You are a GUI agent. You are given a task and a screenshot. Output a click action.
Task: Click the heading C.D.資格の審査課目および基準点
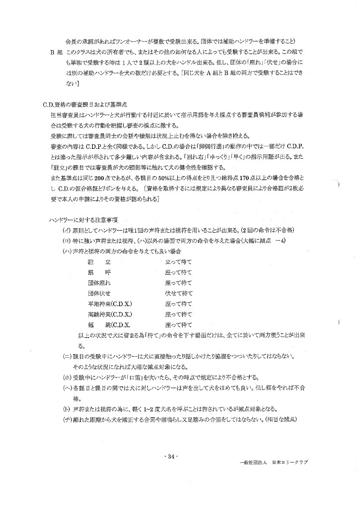pyautogui.click(x=85, y=105)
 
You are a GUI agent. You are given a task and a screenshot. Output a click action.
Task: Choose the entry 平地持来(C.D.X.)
pyautogui.click(x=110, y=304)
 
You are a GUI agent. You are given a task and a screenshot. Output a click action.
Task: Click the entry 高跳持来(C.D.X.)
pyautogui.click(x=110, y=314)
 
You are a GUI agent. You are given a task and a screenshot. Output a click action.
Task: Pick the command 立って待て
pyautogui.click(x=178, y=261)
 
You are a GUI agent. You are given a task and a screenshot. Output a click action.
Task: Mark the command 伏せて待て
pyautogui.click(x=178, y=293)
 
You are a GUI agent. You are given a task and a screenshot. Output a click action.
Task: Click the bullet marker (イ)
pyautogui.click(x=66, y=230)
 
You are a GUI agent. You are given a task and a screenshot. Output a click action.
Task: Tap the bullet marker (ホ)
pyautogui.click(x=66, y=377)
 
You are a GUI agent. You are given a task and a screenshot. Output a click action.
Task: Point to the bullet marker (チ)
pyautogui.click(x=66, y=420)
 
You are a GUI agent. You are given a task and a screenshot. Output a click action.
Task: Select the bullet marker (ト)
pyautogui.click(x=66, y=409)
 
